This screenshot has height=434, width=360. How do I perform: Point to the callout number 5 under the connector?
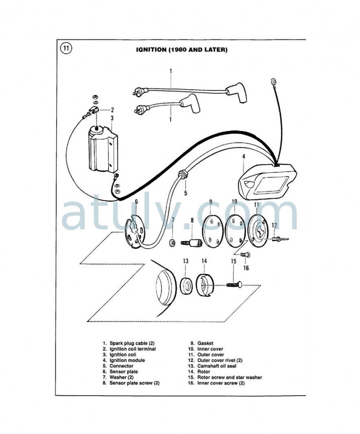click(x=185, y=193)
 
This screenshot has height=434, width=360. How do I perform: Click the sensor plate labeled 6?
click(x=136, y=230)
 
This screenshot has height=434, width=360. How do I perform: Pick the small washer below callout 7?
click(x=172, y=243)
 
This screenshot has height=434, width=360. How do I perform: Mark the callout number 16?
click(x=246, y=268)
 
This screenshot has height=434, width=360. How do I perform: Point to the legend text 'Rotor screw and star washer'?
click(x=230, y=377)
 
